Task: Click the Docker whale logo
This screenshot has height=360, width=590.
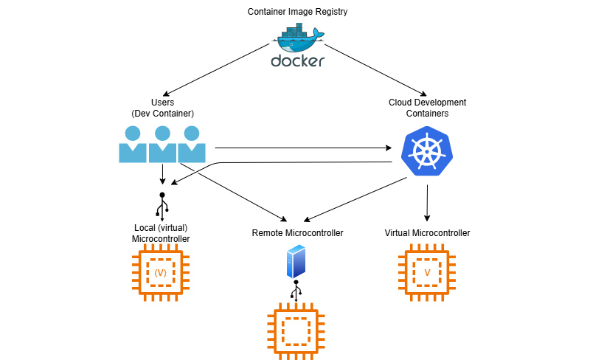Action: [297, 38]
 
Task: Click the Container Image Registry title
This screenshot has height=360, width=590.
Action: [297, 12]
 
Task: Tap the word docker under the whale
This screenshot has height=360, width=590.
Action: [297, 61]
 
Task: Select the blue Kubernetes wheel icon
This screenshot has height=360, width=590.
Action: [426, 153]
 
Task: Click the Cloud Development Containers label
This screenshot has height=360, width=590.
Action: [427, 108]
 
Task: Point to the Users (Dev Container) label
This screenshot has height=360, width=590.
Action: [162, 108]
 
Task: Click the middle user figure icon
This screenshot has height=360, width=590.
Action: [162, 145]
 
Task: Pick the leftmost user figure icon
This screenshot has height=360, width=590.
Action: [133, 145]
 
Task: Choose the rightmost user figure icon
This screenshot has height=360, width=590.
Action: [191, 145]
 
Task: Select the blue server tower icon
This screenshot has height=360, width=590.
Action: [295, 261]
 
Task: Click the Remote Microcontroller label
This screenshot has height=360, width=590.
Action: [297, 233]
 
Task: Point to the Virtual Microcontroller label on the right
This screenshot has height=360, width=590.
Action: [427, 233]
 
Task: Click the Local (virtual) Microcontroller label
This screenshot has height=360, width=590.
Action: [161, 233]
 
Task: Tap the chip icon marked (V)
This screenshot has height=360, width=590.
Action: [161, 273]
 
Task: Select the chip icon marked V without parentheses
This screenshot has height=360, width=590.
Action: [427, 273]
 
